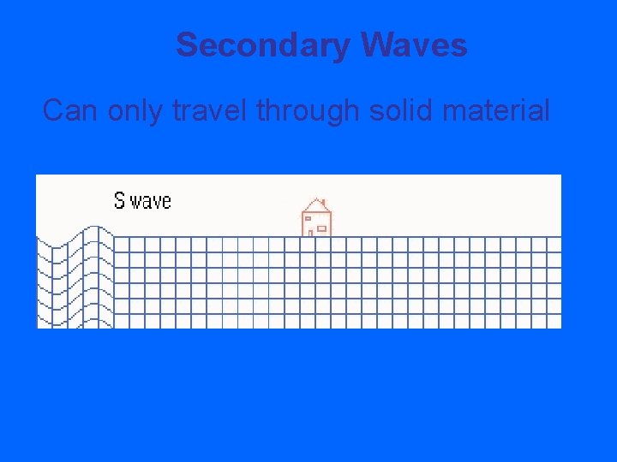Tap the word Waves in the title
(x=414, y=45)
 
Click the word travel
(x=209, y=110)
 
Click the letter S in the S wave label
(x=119, y=201)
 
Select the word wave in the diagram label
(x=151, y=202)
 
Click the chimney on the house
(x=323, y=203)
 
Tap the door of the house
(x=309, y=230)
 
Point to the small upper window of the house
(x=308, y=219)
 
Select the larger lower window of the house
(x=321, y=228)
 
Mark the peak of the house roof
(x=314, y=199)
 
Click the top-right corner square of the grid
(x=554, y=244)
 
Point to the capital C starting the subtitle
(x=53, y=110)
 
